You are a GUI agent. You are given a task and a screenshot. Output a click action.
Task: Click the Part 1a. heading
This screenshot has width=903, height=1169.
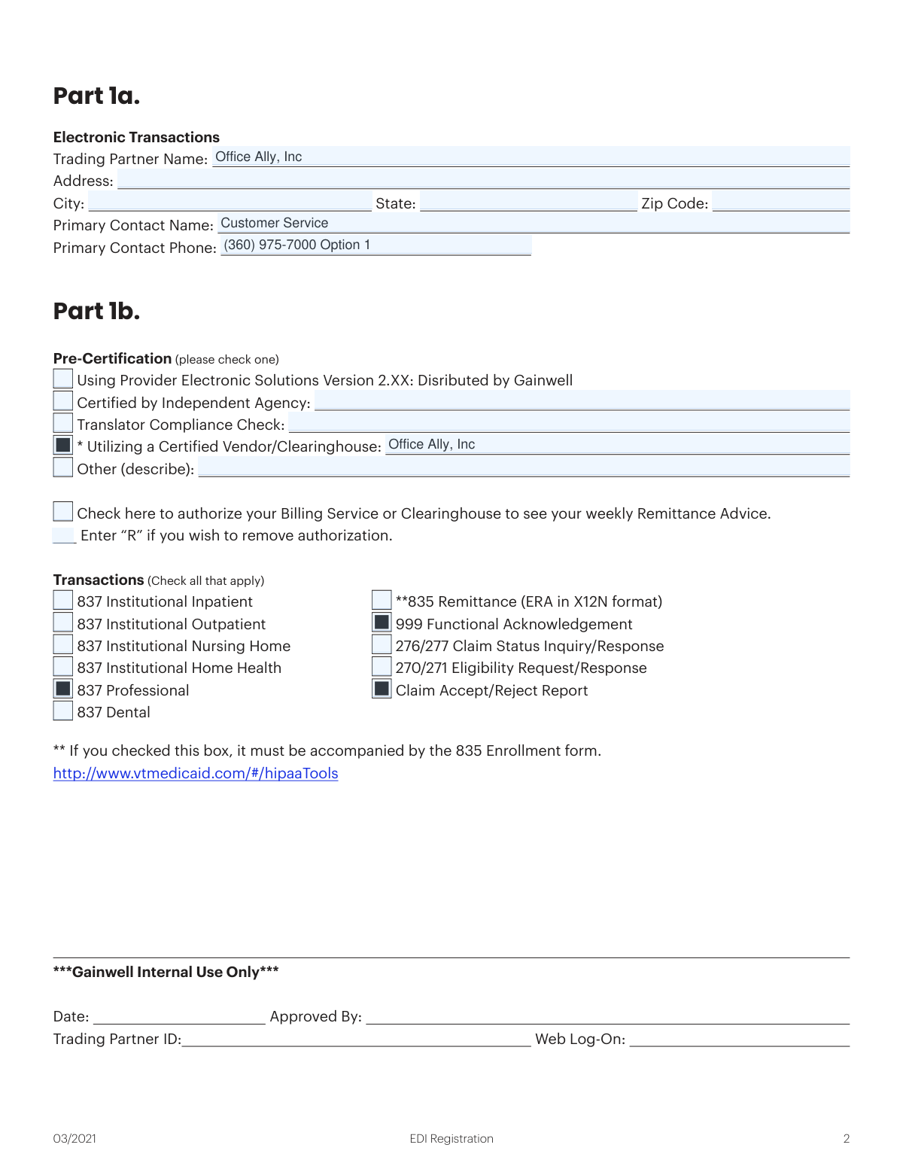tap(96, 96)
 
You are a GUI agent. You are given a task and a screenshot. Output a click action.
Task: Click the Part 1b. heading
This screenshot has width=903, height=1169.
tap(96, 312)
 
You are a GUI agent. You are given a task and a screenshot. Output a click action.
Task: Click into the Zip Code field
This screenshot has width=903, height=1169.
tap(780, 202)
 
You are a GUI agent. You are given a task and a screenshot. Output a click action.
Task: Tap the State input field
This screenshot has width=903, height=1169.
tap(528, 202)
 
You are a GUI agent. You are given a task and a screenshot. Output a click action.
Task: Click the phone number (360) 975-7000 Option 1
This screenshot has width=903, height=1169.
tap(297, 245)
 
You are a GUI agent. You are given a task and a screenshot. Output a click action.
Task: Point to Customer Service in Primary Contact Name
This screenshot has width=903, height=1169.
tap(275, 224)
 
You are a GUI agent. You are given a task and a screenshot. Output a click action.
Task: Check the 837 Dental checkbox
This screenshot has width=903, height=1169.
tap(63, 711)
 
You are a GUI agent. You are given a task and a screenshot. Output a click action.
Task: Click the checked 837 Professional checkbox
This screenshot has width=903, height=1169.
tap(63, 689)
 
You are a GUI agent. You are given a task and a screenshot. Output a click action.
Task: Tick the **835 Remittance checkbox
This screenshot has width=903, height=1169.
tap(382, 600)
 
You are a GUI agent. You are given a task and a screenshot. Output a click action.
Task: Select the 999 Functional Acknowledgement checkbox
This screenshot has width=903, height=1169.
tap(382, 623)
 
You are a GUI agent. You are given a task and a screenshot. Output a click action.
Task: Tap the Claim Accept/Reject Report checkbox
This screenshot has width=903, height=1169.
tap(382, 689)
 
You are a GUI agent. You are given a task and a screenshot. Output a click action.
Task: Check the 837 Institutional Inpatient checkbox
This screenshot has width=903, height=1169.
tap(63, 600)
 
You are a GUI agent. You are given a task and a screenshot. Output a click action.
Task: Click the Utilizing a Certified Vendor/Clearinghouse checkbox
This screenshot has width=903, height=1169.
tap(63, 446)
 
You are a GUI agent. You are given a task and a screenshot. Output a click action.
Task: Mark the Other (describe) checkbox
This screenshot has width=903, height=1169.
tap(63, 467)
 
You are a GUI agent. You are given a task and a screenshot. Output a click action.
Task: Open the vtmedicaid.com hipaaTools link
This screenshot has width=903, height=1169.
tap(196, 774)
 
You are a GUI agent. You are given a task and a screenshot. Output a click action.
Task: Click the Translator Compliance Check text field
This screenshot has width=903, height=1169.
tap(568, 423)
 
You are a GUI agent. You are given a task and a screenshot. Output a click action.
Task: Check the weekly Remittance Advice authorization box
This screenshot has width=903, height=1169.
tap(63, 512)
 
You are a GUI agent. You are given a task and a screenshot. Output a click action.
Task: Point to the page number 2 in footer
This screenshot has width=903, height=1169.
tap(847, 1139)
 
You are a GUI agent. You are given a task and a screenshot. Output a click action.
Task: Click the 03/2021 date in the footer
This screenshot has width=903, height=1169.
tap(74, 1139)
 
